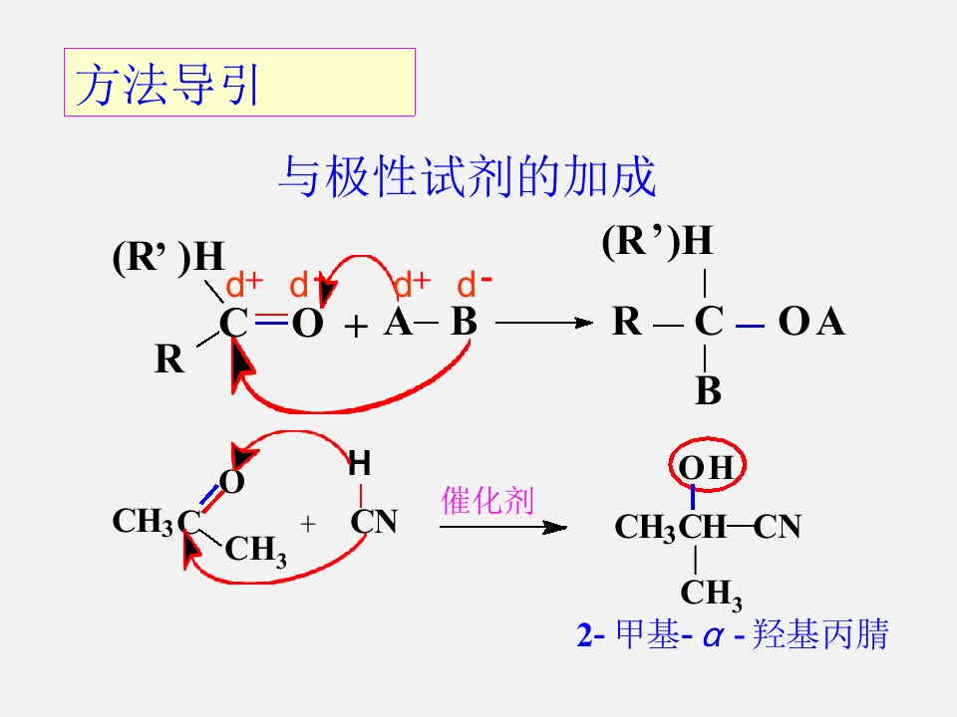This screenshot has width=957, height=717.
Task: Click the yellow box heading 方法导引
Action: [239, 83]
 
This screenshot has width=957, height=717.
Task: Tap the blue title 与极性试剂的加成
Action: [467, 176]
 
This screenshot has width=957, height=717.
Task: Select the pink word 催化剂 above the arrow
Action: [487, 501]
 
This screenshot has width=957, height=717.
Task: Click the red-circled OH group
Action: [708, 465]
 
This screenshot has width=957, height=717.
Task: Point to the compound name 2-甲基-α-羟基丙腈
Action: [733, 634]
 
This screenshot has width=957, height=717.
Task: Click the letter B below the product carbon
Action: [708, 390]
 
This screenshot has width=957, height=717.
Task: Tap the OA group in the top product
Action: [811, 322]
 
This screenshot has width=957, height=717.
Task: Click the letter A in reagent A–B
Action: [398, 322]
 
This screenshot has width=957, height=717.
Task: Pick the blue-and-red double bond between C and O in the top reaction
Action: [271, 319]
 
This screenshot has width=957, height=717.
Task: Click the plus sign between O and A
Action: [356, 328]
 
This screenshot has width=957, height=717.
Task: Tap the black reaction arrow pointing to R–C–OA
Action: [544, 323]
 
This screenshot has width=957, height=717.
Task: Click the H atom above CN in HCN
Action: [360, 463]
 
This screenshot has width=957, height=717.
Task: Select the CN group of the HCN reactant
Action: [374, 521]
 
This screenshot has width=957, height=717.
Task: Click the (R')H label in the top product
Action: [657, 241]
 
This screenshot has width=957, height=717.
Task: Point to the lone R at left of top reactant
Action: [169, 358]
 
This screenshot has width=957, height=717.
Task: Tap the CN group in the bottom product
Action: [777, 527]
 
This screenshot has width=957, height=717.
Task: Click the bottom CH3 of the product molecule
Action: [711, 594]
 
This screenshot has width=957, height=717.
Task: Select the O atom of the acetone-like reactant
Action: [232, 482]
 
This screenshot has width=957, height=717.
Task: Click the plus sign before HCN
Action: [308, 524]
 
